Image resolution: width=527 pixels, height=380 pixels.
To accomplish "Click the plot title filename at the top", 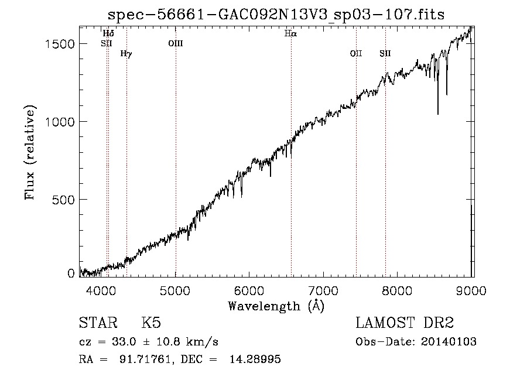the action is [x=276, y=15].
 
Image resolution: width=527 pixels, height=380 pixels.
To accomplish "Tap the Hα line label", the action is [x=290, y=33].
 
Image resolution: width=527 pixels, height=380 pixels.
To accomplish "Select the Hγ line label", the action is [x=126, y=54].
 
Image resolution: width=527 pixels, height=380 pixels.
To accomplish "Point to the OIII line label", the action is [x=176, y=43].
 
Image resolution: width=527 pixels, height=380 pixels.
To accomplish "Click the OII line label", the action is [x=356, y=53].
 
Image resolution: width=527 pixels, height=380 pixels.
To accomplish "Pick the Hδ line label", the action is [x=108, y=33].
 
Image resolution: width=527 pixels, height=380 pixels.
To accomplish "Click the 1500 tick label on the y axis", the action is [x=60, y=44].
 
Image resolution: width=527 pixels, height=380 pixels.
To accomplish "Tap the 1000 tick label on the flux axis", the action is [x=60, y=122].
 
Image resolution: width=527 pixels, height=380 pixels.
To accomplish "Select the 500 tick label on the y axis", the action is [x=63, y=200].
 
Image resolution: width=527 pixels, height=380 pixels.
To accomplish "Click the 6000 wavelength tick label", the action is [x=249, y=290].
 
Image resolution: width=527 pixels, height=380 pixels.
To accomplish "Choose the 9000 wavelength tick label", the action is [x=471, y=290].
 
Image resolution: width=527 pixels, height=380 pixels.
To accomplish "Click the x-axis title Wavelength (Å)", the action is [x=276, y=306].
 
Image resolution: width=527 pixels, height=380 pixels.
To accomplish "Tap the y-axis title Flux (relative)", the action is [x=30, y=153].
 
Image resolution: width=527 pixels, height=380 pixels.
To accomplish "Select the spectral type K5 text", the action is [x=151, y=323].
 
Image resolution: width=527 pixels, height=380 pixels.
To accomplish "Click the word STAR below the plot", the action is [x=98, y=323].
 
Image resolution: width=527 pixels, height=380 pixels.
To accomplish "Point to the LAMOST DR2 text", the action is [x=405, y=323].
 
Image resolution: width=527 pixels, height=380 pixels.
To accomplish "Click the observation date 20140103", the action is [x=449, y=342].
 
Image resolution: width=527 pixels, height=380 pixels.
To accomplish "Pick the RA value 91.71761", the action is [x=145, y=359].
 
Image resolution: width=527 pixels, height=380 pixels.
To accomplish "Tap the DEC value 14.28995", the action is [x=255, y=359].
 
